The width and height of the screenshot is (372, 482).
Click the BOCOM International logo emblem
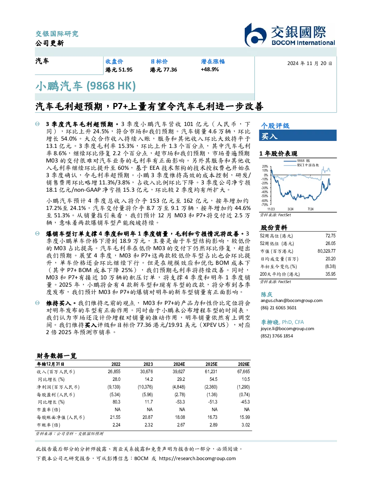click(255, 35)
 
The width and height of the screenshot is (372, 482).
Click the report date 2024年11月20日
click(310, 64)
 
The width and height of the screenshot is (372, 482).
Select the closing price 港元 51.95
click(119, 70)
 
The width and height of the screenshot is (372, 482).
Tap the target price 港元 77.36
click(163, 70)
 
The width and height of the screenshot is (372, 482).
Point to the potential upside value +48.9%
click(210, 69)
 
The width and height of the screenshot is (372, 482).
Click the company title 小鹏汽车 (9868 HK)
click(85, 86)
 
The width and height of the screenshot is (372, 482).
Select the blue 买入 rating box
click(298, 135)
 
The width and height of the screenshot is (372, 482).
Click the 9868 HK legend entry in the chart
click(297, 161)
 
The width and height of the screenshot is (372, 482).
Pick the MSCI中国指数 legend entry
click(302, 165)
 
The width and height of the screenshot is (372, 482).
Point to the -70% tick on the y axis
click(265, 205)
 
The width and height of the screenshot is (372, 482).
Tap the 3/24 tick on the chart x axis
click(290, 209)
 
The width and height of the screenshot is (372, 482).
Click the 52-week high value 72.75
click(330, 236)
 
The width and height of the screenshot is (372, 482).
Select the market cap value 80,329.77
click(326, 251)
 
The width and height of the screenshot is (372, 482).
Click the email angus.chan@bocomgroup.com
click(291, 301)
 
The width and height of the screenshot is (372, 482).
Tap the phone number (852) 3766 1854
click(277, 336)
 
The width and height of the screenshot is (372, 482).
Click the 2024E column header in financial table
click(179, 364)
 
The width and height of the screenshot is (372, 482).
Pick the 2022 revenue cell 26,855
click(114, 371)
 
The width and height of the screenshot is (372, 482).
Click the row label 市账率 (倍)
click(49, 425)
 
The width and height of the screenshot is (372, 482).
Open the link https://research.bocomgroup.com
click(197, 459)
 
